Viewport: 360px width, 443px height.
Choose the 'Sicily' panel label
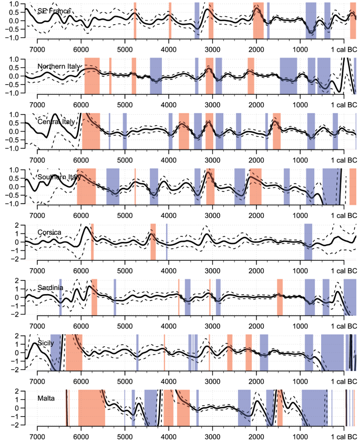pos(46,343)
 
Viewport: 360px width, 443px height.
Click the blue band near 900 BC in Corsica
pos(308,241)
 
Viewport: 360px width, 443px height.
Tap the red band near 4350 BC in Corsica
pos(153,241)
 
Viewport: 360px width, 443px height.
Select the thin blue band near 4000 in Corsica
pos(167,241)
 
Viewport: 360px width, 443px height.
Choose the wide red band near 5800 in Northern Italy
pos(92,76)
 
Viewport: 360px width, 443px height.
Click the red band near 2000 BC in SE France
pos(258,20)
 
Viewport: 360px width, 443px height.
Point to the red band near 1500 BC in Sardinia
pos(280,297)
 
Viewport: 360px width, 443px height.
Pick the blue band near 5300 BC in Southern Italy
pos(113,186)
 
